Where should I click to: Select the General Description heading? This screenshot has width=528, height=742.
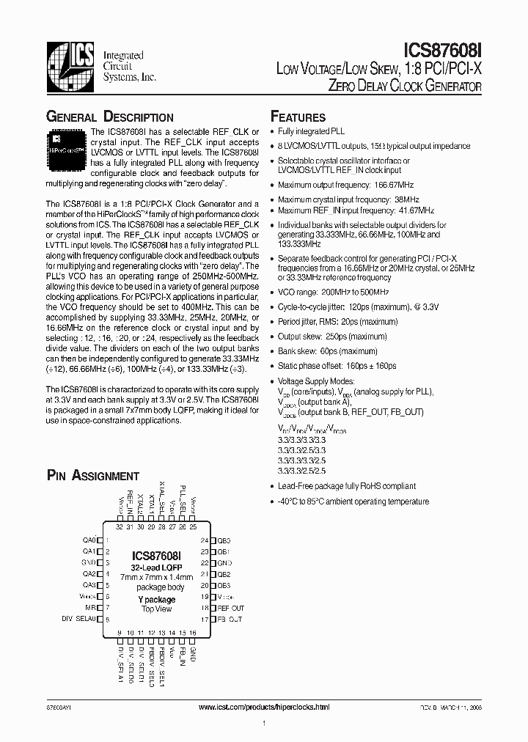(x=110, y=117)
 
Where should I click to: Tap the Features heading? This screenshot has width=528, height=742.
(x=298, y=117)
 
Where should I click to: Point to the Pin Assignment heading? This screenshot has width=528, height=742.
(x=92, y=476)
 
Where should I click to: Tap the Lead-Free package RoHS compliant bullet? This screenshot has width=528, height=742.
(x=346, y=486)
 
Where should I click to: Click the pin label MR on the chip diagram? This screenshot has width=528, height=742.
(x=90, y=609)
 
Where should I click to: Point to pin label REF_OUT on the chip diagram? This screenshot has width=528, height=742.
(x=230, y=609)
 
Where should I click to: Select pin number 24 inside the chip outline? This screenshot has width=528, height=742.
(x=204, y=540)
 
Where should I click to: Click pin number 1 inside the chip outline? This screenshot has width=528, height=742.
(x=108, y=540)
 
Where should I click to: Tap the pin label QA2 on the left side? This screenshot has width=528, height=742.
(x=89, y=574)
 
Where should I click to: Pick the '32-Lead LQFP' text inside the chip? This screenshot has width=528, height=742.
(x=156, y=568)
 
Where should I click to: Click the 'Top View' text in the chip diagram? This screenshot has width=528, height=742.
(x=156, y=609)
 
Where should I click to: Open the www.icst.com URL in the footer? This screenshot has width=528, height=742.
(x=264, y=707)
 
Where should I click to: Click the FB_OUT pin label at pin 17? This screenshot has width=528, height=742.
(x=229, y=620)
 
